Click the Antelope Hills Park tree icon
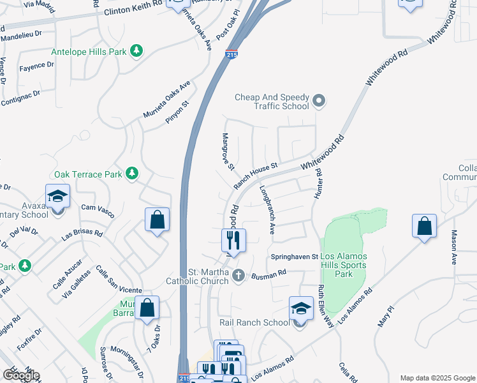tap(136, 50)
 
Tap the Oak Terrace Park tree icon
tap(132, 173)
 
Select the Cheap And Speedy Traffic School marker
tap(319, 101)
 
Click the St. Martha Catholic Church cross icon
tap(238, 276)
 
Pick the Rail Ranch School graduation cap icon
tap(300, 309)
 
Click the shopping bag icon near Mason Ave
tap(424, 226)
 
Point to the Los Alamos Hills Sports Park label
tap(343, 265)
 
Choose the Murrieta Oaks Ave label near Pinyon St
tap(166, 99)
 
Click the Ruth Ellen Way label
tap(326, 306)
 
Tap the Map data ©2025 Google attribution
tap(437, 377)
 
